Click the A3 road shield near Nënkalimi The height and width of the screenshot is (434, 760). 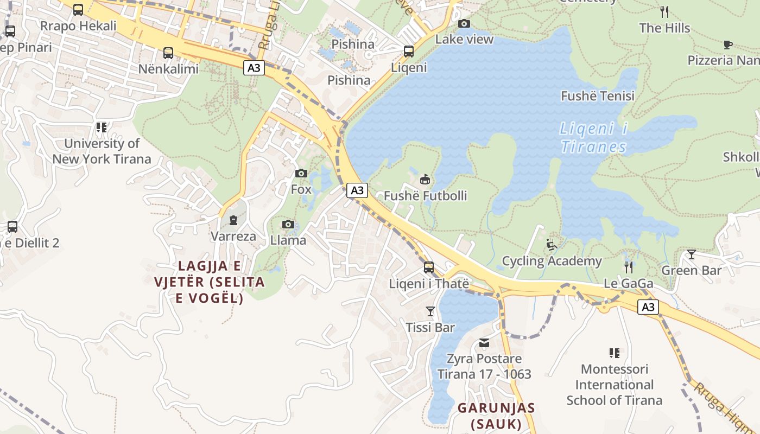click(x=254, y=68)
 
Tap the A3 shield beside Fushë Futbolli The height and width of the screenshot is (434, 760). click(x=357, y=190)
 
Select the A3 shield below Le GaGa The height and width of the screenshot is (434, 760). click(x=648, y=307)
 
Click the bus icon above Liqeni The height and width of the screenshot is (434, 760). click(x=409, y=52)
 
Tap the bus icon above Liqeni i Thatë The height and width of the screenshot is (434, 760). click(x=429, y=267)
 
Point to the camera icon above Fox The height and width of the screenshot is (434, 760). click(x=301, y=173)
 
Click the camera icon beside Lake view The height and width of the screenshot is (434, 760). click(x=464, y=23)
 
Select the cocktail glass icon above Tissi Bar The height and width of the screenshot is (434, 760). click(x=430, y=311)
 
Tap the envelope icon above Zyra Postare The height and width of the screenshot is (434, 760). click(x=484, y=342)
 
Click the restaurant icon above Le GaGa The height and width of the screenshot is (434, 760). click(x=629, y=267)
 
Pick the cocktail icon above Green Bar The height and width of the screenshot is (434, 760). click(x=691, y=254)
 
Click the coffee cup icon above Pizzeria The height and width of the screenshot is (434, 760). click(x=728, y=44)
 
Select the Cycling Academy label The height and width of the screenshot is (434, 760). click(x=552, y=261)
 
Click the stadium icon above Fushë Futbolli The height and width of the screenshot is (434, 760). click(x=425, y=179)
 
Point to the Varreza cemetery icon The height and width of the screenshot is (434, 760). click(x=233, y=220)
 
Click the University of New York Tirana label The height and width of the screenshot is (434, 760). click(x=102, y=151)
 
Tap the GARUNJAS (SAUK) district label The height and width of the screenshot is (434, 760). click(x=496, y=416)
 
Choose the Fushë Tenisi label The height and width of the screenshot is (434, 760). click(x=597, y=96)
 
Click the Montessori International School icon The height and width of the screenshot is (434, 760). click(x=615, y=353)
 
